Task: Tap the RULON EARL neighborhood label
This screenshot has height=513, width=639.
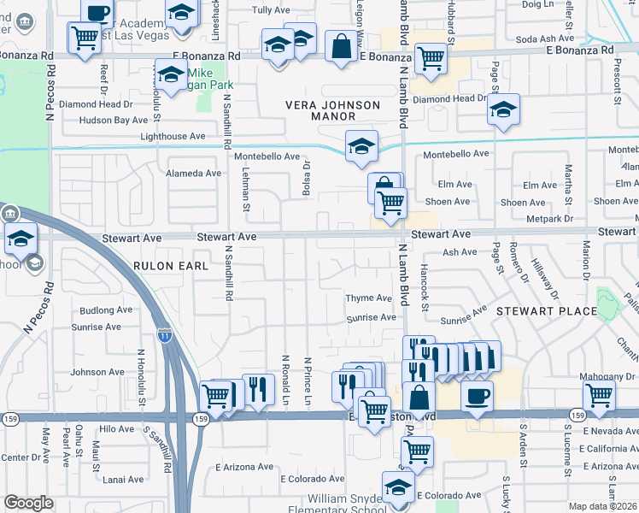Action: pos(171,266)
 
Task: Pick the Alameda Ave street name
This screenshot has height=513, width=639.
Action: pos(194,173)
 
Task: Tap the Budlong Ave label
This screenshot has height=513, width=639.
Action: pos(106,310)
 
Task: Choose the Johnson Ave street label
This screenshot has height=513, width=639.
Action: pos(97,372)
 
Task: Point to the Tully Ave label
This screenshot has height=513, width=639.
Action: pos(273,10)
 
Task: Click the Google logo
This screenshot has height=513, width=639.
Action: pos(28,503)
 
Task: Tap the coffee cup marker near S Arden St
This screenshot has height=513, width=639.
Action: pos(477,396)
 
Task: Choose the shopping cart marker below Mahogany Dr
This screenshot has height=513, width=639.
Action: pos(600,397)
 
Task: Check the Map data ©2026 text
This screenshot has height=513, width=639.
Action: pos(602,506)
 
